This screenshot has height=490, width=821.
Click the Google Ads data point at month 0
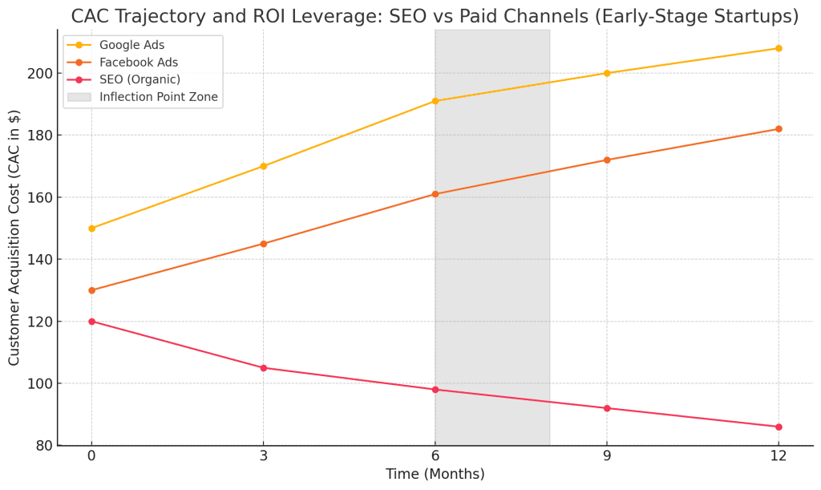click(91, 229)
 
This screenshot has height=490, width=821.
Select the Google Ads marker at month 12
click(779, 48)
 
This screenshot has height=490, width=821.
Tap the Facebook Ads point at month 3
click(264, 244)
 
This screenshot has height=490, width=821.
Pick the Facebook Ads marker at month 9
click(607, 160)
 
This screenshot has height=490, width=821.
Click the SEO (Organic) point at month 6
click(435, 390)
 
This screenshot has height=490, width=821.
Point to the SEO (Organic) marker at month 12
click(779, 427)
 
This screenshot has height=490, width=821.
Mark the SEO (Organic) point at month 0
click(91, 322)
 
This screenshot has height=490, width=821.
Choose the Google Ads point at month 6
click(435, 101)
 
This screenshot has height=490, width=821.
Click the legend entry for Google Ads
click(131, 45)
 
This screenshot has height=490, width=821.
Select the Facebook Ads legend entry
click(138, 63)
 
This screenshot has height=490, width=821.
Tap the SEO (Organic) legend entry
click(140, 79)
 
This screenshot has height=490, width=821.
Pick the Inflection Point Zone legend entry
click(158, 97)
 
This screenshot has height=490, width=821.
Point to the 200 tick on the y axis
click(42, 74)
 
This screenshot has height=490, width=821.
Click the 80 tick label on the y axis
click(45, 446)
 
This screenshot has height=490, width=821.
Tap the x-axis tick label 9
click(607, 456)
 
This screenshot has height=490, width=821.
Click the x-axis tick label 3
click(264, 456)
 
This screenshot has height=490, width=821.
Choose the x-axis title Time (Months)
click(435, 475)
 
